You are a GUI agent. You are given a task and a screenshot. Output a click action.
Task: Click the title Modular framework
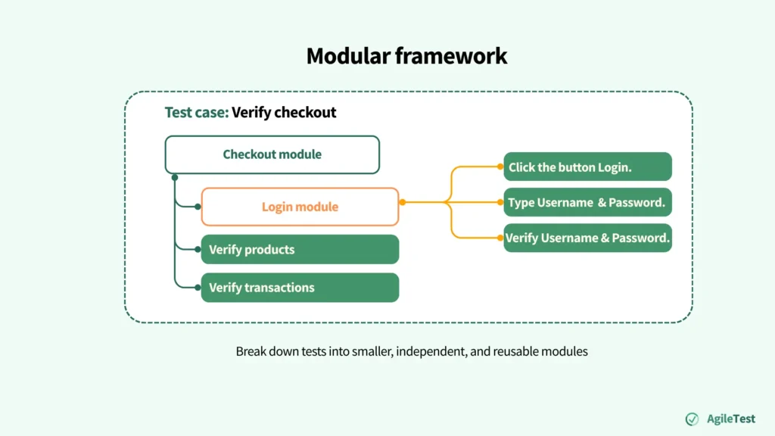pos(406,55)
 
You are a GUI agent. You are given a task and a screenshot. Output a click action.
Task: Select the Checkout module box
pos(272,154)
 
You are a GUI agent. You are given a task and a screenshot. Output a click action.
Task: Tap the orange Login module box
pos(300,207)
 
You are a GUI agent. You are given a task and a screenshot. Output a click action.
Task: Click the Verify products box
pos(300,250)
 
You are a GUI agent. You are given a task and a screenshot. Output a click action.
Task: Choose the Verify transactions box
pos(300,288)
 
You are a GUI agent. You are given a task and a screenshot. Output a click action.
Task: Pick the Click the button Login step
pos(587,167)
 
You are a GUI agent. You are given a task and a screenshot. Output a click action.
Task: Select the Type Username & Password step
pos(587,202)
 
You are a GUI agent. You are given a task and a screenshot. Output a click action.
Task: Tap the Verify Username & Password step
pos(587,238)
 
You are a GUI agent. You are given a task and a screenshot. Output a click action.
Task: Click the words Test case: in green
pos(196,113)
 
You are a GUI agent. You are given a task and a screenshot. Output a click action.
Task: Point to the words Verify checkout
pos(284,113)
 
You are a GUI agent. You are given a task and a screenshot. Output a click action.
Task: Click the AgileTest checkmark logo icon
pos(692,419)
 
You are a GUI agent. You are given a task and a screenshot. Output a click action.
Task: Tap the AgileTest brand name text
pos(731,419)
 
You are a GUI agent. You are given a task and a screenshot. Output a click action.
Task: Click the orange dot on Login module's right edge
pos(402,202)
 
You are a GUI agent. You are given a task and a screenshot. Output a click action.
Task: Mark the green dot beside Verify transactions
pos(198,287)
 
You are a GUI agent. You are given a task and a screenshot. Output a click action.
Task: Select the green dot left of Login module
pos(198,207)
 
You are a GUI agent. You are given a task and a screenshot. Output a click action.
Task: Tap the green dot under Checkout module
pos(175,177)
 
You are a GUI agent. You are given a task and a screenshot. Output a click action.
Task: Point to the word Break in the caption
pos(251,351)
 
